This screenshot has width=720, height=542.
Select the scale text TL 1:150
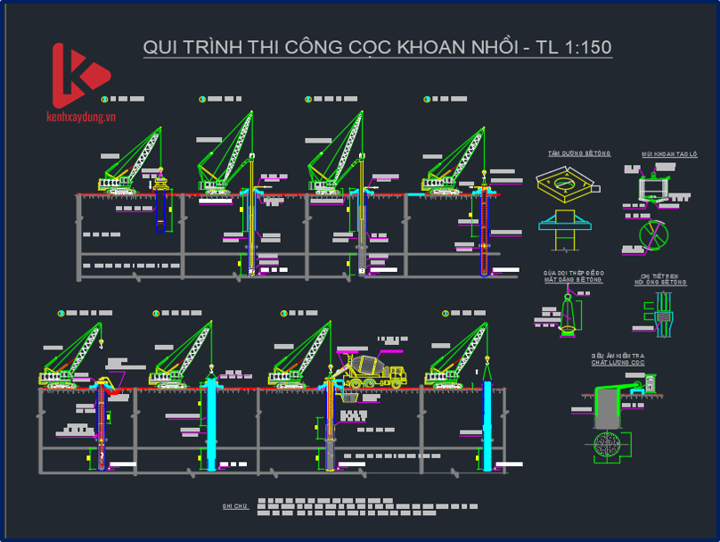574,47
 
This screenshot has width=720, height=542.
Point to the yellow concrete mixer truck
372,369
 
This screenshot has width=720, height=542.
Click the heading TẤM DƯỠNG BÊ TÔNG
579,154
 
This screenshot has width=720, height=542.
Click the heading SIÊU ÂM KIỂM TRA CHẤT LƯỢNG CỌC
618,359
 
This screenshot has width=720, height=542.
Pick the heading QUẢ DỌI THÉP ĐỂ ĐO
575,273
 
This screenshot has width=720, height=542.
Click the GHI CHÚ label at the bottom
234,505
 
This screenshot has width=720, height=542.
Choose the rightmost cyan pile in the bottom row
487,423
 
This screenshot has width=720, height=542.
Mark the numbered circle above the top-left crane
104,99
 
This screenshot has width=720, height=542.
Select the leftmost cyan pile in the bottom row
211,423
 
